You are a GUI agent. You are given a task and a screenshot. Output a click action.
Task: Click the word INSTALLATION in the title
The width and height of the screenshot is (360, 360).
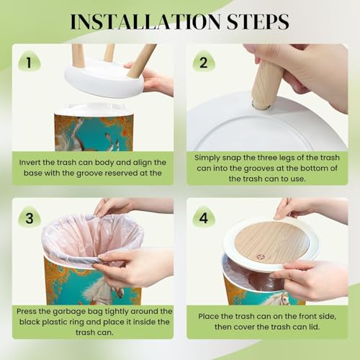pyautogui.click(x=145, y=22)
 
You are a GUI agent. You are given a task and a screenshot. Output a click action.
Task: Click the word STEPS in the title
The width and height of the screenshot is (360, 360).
pyautogui.click(x=258, y=22)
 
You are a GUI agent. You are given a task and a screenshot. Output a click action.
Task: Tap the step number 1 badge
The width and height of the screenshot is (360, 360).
pyautogui.click(x=29, y=62)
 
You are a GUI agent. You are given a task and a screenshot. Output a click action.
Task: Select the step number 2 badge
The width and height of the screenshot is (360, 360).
pyautogui.click(x=204, y=62)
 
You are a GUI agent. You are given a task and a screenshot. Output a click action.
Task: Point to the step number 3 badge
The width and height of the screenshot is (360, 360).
pyautogui.click(x=30, y=217)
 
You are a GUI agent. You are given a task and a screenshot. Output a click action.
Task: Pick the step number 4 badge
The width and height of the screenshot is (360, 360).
pyautogui.click(x=204, y=217)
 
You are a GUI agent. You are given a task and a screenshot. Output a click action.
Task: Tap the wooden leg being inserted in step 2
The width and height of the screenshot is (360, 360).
pyautogui.click(x=266, y=83)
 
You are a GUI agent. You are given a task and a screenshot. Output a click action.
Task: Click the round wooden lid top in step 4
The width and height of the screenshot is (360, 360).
pyautogui.click(x=271, y=242)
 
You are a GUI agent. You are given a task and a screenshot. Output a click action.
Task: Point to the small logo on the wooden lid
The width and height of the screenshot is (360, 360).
pyautogui.click(x=260, y=257)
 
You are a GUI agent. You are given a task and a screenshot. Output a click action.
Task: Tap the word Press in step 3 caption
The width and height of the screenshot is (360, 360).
pyautogui.click(x=27, y=312)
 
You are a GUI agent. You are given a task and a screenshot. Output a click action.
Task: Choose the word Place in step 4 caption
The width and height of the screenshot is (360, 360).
pyautogui.click(x=208, y=316)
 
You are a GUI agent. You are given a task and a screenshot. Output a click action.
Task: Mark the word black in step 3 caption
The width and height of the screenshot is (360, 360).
pyautogui.click(x=30, y=322)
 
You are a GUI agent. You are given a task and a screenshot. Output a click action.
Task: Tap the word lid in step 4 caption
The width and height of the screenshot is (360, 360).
pyautogui.click(x=314, y=327)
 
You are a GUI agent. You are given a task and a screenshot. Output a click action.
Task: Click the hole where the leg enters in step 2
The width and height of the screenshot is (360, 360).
pyautogui.click(x=261, y=106)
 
